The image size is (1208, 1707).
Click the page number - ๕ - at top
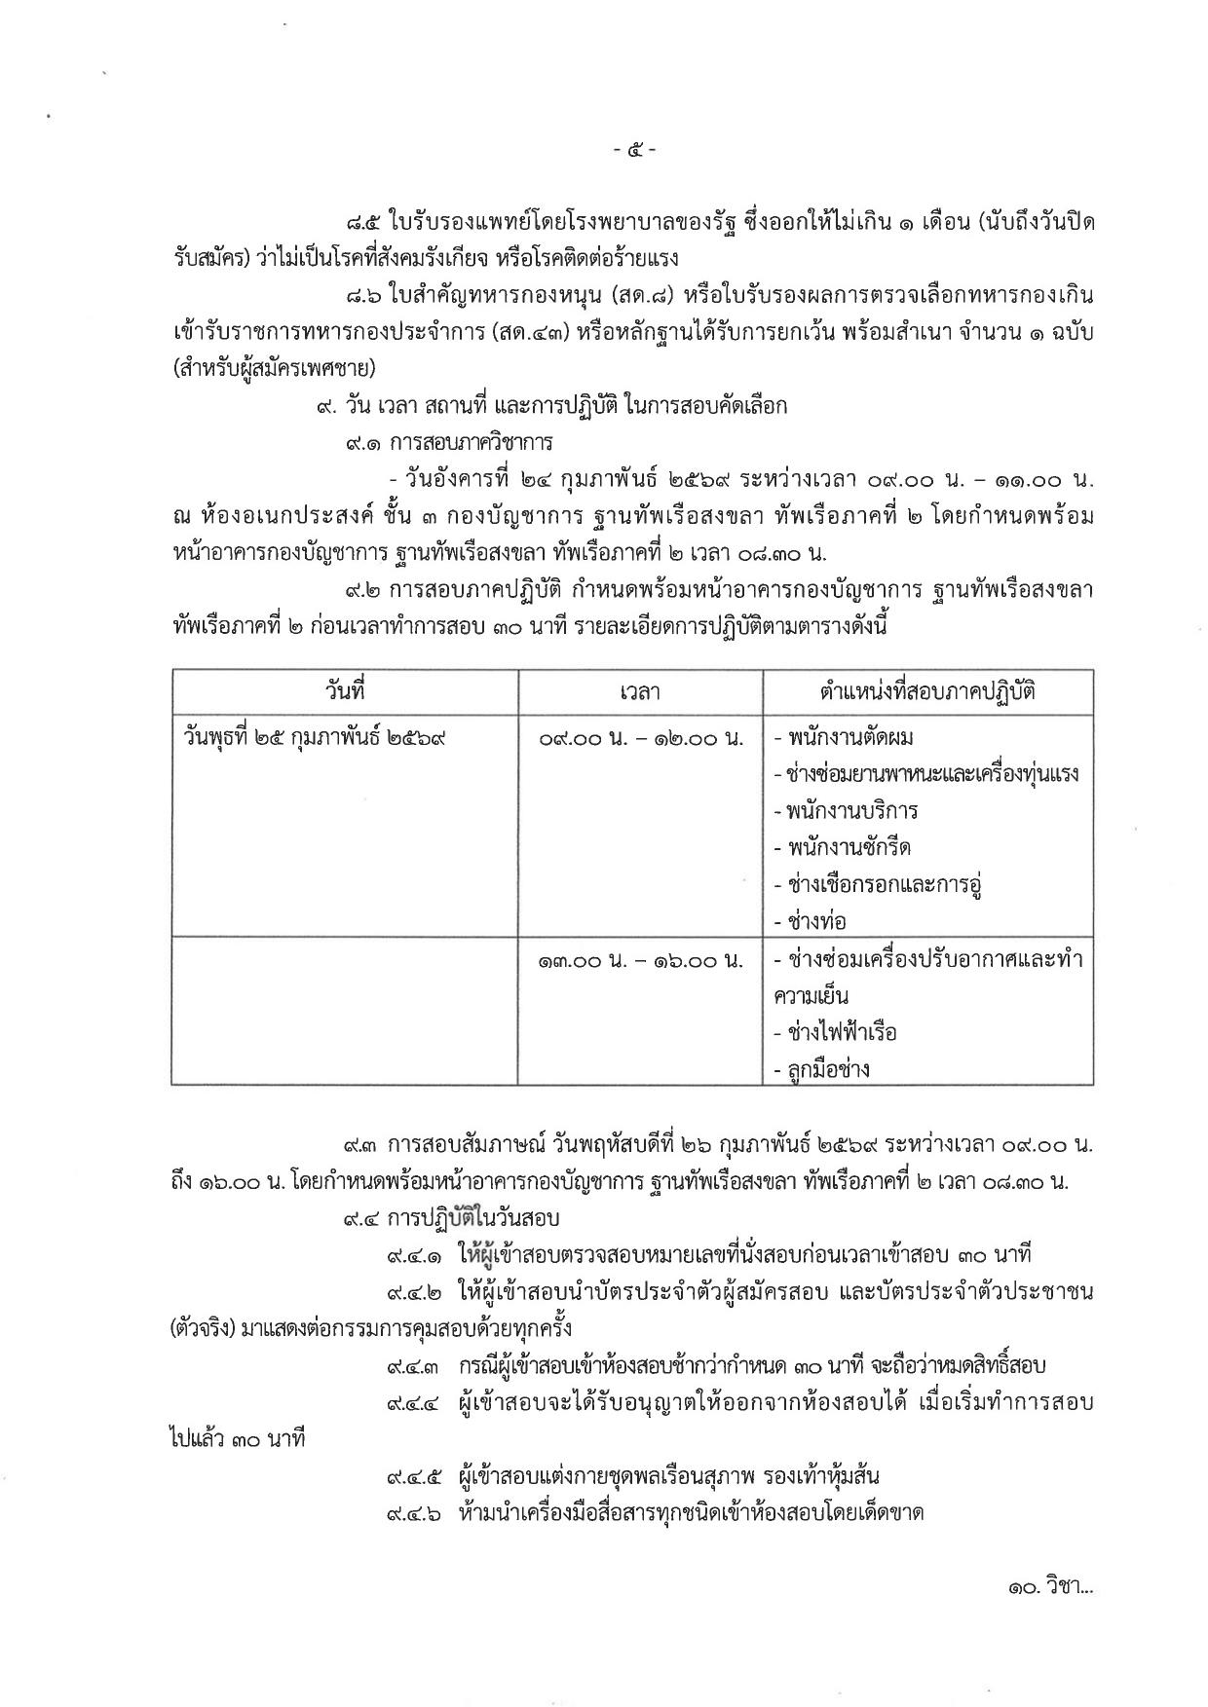pyautogui.click(x=634, y=151)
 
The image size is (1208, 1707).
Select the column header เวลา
pyautogui.click(x=640, y=692)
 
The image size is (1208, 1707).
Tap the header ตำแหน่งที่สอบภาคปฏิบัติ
pyautogui.click(x=927, y=692)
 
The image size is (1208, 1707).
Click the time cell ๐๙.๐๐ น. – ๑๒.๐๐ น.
pyautogui.click(x=640, y=738)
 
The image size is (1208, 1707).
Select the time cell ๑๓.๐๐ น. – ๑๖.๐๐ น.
pyautogui.click(x=640, y=960)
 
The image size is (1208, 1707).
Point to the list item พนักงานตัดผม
pyautogui.click(x=844, y=738)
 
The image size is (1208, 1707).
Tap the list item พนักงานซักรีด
pyautogui.click(x=843, y=848)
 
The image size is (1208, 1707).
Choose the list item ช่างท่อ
pyautogui.click(x=810, y=921)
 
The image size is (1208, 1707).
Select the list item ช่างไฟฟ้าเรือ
pyautogui.click(x=835, y=1032)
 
